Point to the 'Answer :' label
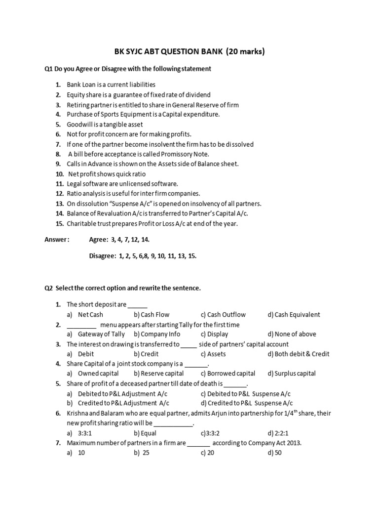[x=57, y=240]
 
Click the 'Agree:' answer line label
[x=99, y=240]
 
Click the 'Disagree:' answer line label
[x=102, y=256]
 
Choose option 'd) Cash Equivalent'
[x=294, y=315]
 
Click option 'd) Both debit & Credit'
[x=298, y=354]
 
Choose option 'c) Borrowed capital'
[x=228, y=374]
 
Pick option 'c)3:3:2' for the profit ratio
[x=210, y=433]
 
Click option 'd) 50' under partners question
[x=274, y=453]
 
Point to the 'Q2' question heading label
[x=48, y=288]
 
